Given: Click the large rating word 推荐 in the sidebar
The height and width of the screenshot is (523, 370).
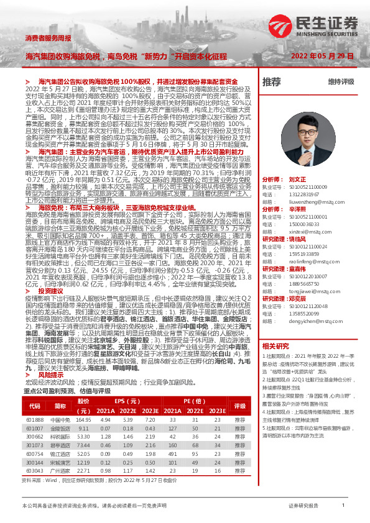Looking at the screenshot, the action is point(272,82).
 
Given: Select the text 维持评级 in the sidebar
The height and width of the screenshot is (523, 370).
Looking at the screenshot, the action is point(341,82).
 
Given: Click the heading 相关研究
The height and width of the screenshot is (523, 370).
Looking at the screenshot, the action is point(275,345).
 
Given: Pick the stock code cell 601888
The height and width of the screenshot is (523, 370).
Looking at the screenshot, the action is point(35,420).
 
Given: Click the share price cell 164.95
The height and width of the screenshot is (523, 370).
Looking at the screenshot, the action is point(83,420).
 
